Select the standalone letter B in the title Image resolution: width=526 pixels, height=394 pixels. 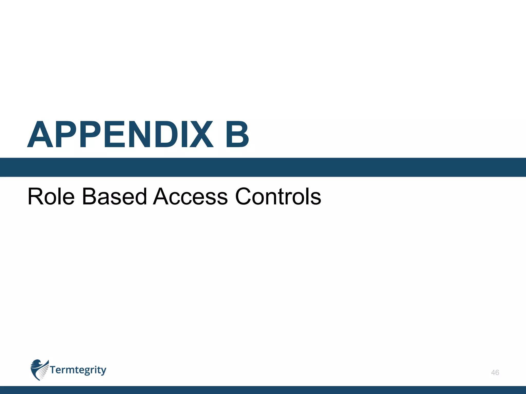pyautogui.click(x=237, y=135)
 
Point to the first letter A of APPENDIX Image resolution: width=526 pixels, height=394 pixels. pyautogui.click(x=40, y=135)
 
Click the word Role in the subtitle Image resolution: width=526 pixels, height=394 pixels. pyautogui.click(x=51, y=196)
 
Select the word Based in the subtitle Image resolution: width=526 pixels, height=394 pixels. pyautogui.click(x=114, y=196)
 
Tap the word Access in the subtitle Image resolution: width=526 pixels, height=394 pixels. pyautogui.click(x=190, y=196)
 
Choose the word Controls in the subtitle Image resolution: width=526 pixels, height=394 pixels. pyautogui.click(x=278, y=196)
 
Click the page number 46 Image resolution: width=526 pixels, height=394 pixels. pyautogui.click(x=495, y=372)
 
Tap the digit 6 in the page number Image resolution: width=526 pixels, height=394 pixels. pyautogui.click(x=497, y=372)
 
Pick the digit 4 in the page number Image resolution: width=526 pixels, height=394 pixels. pyautogui.click(x=493, y=372)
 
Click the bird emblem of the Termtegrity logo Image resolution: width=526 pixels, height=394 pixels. pyautogui.click(x=39, y=370)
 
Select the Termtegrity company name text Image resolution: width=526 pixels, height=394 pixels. pyautogui.click(x=78, y=370)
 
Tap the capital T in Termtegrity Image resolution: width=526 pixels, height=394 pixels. pyautogui.click(x=53, y=370)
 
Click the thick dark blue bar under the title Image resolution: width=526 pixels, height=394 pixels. pyautogui.click(x=263, y=167)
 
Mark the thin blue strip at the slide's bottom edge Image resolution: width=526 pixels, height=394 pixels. pyautogui.click(x=263, y=390)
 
